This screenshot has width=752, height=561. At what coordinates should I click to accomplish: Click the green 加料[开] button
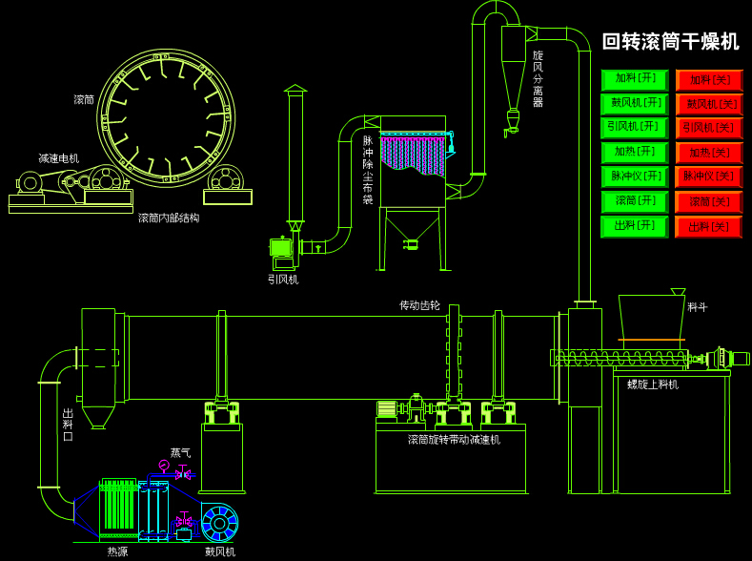coord(635,79)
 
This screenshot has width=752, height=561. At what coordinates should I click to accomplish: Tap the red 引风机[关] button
coord(709,128)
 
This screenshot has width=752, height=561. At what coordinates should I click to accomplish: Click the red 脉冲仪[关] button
coord(709,177)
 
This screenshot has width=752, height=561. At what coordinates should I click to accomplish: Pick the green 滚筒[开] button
coord(635,201)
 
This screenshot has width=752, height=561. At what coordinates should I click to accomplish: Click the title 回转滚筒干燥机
coord(671,42)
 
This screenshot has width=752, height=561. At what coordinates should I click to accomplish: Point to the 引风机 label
coord(283,280)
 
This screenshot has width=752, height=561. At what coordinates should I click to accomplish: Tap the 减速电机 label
coord(59,158)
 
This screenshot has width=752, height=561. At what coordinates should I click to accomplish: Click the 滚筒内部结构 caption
coord(169,218)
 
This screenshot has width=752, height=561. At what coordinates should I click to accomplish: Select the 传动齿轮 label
coord(419,305)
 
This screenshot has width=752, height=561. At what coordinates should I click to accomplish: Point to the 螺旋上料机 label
coord(653,384)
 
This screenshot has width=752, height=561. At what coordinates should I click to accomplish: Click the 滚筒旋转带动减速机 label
coord(454,440)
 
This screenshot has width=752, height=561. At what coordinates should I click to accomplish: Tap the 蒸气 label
coord(180,453)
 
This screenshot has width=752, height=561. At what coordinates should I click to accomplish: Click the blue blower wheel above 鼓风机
coord(220,523)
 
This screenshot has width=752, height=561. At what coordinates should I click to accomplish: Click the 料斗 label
coord(698,307)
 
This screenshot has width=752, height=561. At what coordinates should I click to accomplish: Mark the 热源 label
coord(117,551)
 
